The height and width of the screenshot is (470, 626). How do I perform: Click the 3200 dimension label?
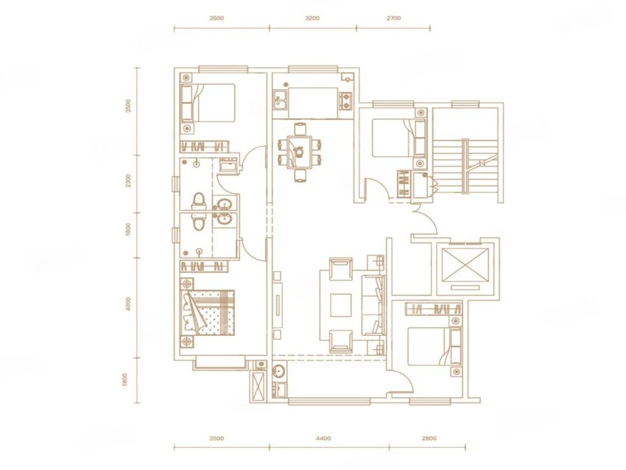(312, 18)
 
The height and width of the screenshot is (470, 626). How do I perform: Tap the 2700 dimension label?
(393, 18)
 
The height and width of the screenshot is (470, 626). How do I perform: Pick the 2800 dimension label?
(429, 438)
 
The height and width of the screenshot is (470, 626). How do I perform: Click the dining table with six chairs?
(300, 152)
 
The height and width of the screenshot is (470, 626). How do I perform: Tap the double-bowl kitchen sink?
(280, 99)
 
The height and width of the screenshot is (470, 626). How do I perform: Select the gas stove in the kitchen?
(345, 101)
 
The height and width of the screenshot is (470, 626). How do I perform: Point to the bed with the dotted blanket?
(207, 312)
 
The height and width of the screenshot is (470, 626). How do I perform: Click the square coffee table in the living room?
(340, 306)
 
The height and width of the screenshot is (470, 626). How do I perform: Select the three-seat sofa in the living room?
(373, 306)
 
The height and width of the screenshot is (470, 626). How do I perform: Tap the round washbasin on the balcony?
(279, 371)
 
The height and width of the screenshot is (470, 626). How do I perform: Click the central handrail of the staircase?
(465, 166)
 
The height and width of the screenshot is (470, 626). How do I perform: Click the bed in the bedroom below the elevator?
(435, 346)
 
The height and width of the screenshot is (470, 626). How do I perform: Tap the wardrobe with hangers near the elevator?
(435, 309)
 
